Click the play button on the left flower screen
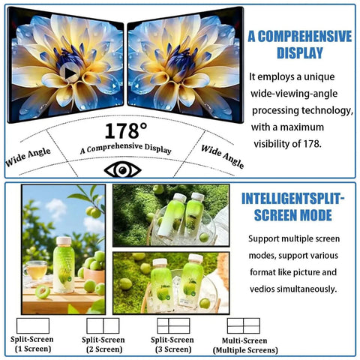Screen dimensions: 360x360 [x=70, y=73]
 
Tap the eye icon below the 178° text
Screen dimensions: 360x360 [x=122, y=170]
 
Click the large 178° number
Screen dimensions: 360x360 [x=126, y=130]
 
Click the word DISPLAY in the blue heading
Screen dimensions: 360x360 [x=300, y=52]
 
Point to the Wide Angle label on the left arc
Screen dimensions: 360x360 [x=28, y=157]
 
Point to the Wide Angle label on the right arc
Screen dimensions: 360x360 [x=222, y=157]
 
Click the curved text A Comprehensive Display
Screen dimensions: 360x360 [x=126, y=148]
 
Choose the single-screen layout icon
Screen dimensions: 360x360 [x=33, y=325]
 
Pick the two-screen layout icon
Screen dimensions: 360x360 [x=103, y=325]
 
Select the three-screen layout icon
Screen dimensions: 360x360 [x=173, y=325]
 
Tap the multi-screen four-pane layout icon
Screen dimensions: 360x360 [x=244, y=325]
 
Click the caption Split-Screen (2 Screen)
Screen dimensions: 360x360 [x=103, y=344]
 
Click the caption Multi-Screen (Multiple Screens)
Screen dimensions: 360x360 [x=245, y=345]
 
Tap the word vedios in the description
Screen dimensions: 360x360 [x=262, y=289]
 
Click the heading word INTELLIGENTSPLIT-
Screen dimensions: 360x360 [x=293, y=199]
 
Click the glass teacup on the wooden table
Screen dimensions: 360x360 [x=36, y=270]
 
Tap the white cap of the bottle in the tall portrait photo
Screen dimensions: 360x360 [x=64, y=241]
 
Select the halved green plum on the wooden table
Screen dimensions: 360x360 [x=42, y=292]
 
